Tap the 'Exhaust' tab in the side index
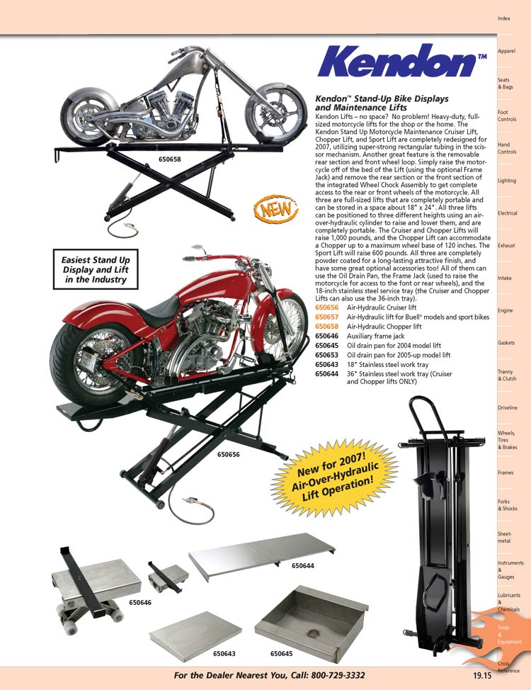click(506, 245)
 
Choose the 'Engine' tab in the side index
click(506, 310)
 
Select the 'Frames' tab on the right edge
click(506, 473)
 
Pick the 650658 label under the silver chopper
click(169, 160)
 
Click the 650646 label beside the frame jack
click(140, 602)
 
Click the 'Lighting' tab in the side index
click(507, 181)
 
